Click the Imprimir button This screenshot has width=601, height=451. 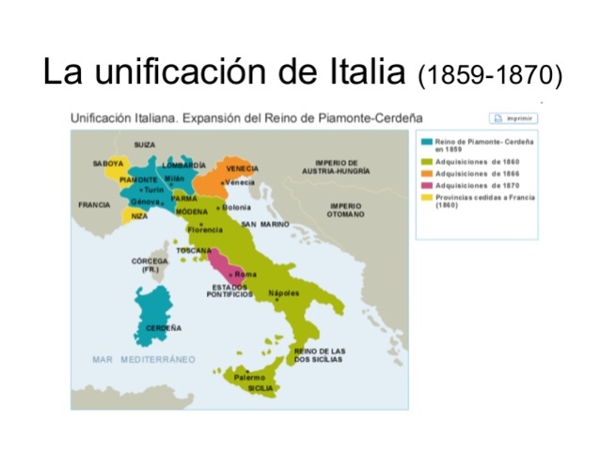coord(513,118)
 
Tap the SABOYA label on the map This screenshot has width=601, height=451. coord(108,163)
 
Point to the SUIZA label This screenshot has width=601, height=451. coord(144,145)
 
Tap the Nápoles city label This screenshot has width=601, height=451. coord(284,293)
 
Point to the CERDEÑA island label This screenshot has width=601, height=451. coord(164,328)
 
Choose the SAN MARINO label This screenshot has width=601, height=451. coord(265,225)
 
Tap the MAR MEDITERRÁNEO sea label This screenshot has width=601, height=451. coord(144,359)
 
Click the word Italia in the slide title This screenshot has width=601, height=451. coord(363,73)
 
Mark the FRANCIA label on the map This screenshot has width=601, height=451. coord(94,204)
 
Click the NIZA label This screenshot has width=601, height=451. coord(139,216)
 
